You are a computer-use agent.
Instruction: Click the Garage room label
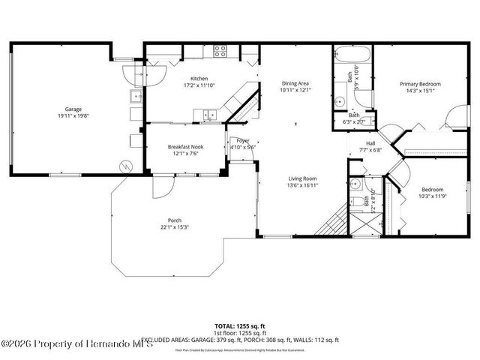[73, 109]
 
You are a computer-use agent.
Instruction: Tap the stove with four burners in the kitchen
[220, 52]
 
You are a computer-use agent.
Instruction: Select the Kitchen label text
[199, 79]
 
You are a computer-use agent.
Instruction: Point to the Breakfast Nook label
[186, 147]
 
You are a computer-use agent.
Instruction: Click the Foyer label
[243, 140]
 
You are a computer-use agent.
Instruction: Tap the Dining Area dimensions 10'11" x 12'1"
[295, 90]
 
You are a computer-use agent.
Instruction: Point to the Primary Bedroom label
[420, 84]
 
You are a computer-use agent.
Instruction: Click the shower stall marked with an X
[365, 225]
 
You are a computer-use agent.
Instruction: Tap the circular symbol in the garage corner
[127, 166]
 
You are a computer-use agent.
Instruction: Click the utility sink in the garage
[136, 97]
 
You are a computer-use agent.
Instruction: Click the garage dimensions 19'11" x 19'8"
[73, 115]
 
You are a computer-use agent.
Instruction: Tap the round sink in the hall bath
[355, 184]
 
